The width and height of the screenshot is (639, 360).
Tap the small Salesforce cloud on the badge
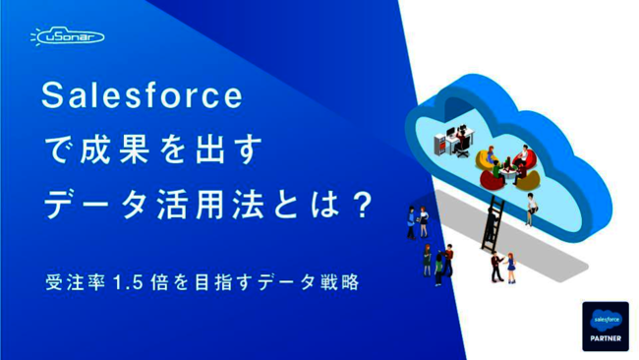pos(605,319)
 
